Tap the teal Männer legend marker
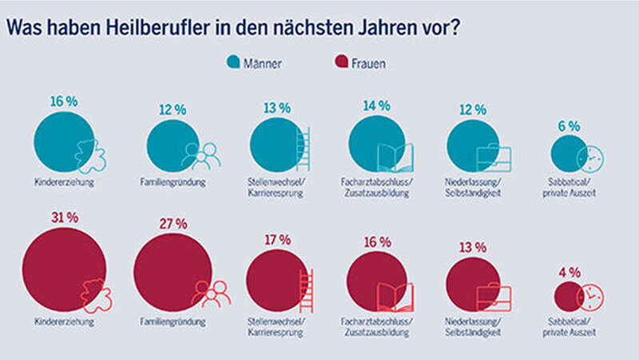click(233, 61)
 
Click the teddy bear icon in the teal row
click(91, 156)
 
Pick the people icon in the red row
click(210, 295)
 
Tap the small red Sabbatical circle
click(567, 298)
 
